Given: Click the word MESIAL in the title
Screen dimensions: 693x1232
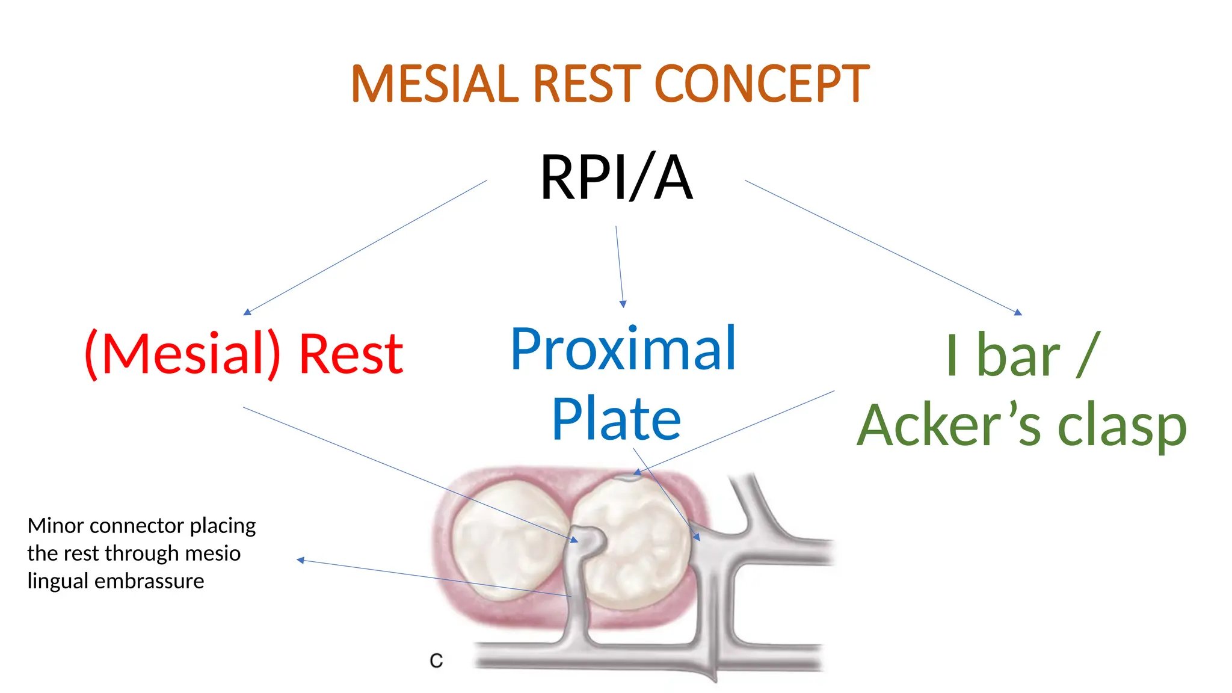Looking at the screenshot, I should pyautogui.click(x=434, y=84).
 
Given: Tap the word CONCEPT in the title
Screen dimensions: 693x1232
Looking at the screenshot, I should pyautogui.click(x=761, y=84).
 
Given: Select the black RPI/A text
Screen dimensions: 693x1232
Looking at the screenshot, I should pyautogui.click(x=616, y=177).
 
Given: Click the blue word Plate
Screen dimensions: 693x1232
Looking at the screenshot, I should pyautogui.click(x=616, y=419).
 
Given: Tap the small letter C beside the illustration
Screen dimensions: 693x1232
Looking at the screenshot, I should pyautogui.click(x=436, y=661).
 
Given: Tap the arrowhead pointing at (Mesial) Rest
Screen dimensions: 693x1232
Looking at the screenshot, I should pyautogui.click(x=247, y=312).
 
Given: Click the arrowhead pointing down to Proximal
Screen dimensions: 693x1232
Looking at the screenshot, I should pyautogui.click(x=623, y=304).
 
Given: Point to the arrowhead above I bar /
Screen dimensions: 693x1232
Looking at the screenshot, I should pyautogui.click(x=1018, y=312).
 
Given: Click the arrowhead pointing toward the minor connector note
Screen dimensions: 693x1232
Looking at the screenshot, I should pyautogui.click(x=300, y=560).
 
